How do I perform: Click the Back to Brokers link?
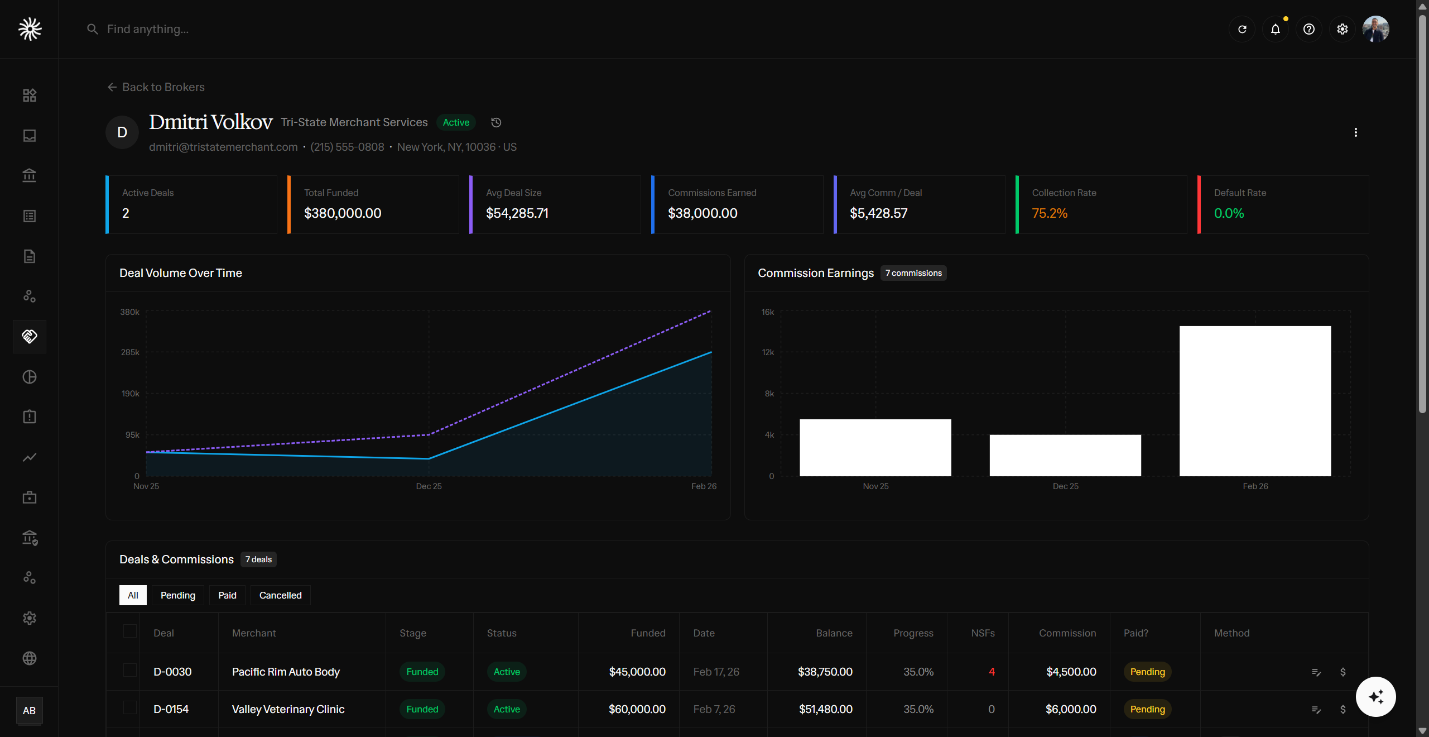pos(156,87)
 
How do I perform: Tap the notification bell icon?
pos(1275,29)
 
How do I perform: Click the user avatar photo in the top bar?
pos(1375,29)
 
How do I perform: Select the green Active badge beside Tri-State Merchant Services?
pos(456,122)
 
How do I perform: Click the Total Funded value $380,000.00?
pos(342,213)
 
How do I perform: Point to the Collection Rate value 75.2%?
pos(1049,213)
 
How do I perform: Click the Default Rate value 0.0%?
pos(1229,213)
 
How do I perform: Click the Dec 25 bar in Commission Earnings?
pos(1065,455)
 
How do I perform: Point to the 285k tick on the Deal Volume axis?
pos(130,352)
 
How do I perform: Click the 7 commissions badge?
pos(913,273)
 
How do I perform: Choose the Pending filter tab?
pos(177,595)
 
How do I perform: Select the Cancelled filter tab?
pos(280,595)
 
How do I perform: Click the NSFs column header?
pos(983,633)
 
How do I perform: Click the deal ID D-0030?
pos(172,672)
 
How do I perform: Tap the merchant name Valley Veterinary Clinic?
pos(288,709)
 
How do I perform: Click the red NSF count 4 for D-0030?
pos(992,672)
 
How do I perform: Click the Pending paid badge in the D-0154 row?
pos(1147,709)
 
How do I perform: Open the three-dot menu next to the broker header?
pos(1355,132)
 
